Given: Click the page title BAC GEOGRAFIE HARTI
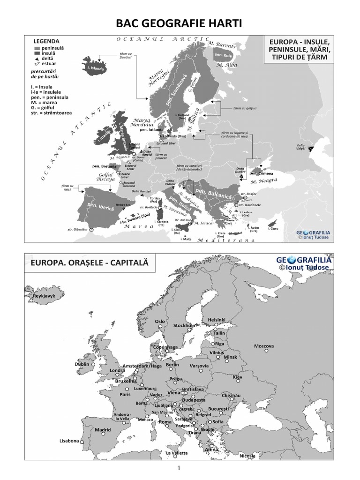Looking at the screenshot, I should [180, 23].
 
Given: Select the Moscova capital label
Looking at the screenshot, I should [264, 346].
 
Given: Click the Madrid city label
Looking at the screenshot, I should [103, 429].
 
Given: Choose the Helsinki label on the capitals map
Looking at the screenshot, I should [217, 319].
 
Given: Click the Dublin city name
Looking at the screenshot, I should [82, 364].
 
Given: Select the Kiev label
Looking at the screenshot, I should [238, 376].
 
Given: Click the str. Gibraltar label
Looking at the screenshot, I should [77, 229].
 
